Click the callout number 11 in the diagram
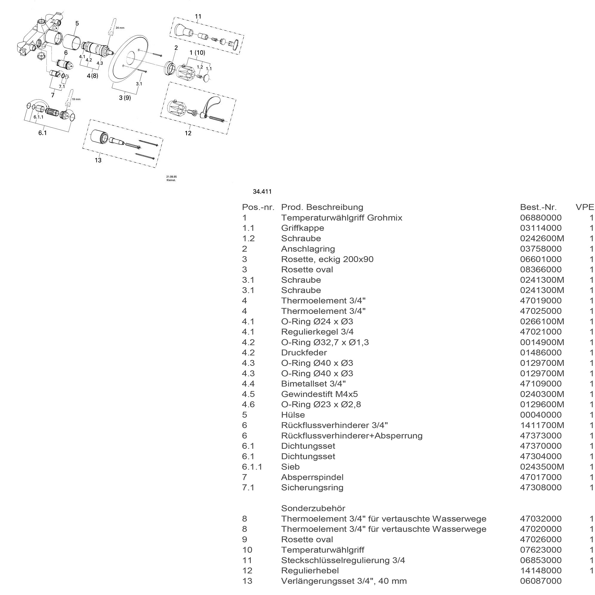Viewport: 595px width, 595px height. (x=198, y=16)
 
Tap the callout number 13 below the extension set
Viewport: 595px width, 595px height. (x=98, y=160)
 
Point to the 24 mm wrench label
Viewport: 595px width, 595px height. (x=120, y=28)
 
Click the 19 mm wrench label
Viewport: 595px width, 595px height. (x=76, y=99)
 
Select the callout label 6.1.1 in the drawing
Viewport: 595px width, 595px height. (x=38, y=117)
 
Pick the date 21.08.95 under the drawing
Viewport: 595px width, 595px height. (x=172, y=176)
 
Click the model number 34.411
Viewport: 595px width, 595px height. (x=262, y=192)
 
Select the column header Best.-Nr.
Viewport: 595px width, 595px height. (x=538, y=207)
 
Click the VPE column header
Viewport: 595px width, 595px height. (x=585, y=207)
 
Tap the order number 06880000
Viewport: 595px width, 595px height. (x=541, y=218)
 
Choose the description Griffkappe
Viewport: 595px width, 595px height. (x=303, y=228)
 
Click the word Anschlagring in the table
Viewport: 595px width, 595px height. (x=308, y=249)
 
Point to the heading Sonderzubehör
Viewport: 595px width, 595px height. (x=313, y=508)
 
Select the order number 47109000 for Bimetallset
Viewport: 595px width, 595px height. (x=541, y=384)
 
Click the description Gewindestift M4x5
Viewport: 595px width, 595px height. (x=319, y=394)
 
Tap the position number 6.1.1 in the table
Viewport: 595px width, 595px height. (x=252, y=466)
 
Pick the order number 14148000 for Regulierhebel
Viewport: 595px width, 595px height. (x=541, y=570)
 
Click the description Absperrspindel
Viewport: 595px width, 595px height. (x=312, y=477)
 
